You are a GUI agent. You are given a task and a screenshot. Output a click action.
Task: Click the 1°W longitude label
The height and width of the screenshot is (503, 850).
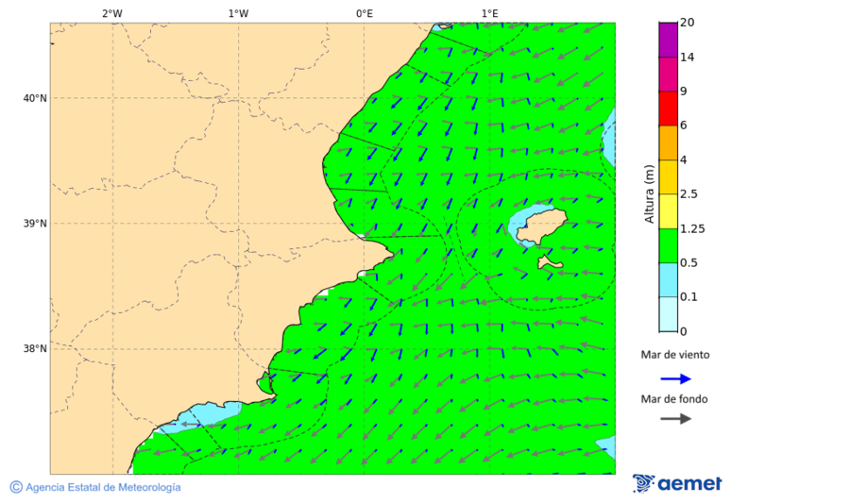coord(238,13)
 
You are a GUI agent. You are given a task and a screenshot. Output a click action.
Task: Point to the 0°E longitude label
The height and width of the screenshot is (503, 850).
coord(364,13)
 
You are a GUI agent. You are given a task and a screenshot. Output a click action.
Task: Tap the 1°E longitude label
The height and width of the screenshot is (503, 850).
coord(489,13)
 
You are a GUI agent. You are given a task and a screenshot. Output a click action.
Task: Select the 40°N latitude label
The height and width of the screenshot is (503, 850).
coord(35,98)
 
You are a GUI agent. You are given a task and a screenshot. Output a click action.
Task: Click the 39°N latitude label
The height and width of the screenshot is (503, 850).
coord(35,224)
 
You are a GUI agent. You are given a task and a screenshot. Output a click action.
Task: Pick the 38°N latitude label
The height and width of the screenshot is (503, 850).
coord(35,348)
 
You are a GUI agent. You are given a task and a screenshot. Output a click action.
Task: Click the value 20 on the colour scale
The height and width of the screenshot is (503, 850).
coord(688,23)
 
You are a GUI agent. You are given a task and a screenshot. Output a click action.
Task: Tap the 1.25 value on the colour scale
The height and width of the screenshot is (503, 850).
coord(693,228)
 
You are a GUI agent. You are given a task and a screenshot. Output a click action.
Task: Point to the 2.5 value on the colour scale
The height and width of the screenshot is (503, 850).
coord(688,194)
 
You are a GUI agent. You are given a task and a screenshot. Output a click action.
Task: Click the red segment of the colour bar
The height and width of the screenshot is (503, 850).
coord(668,108)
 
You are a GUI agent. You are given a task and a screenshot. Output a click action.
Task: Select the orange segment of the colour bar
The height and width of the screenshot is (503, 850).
coord(668,143)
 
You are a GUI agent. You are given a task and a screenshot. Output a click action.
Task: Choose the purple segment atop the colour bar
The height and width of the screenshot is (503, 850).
coord(668,40)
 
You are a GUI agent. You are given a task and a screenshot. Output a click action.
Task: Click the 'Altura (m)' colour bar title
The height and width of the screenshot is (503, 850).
coord(649,193)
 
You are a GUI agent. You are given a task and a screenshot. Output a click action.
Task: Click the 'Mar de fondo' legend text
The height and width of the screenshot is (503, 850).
coord(674,399)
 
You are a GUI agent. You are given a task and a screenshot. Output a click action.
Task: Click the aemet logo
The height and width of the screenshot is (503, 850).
coord(677,483)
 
